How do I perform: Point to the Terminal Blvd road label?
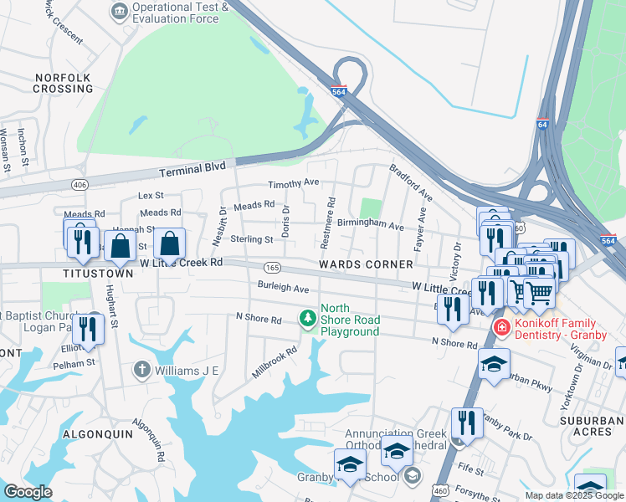pyautogui.click(x=192, y=168)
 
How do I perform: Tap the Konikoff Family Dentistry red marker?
pyautogui.click(x=501, y=326)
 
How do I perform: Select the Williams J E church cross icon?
pyautogui.click(x=142, y=369)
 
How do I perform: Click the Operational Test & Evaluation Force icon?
pyautogui.click(x=120, y=11)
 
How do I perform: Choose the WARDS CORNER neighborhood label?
pyautogui.click(x=366, y=264)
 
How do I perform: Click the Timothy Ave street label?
pyautogui.click(x=293, y=183)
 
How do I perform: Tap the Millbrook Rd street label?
pyautogui.click(x=275, y=364)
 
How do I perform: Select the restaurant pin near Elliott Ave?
pyautogui.click(x=87, y=329)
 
